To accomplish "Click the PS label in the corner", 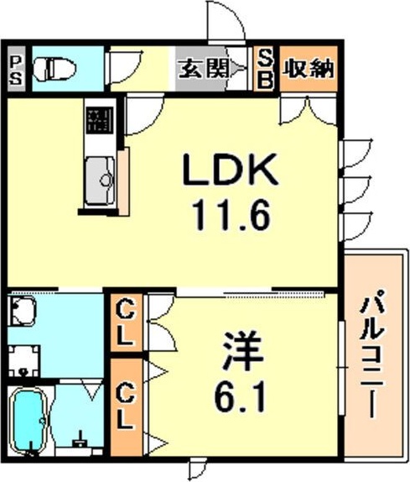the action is click(16, 71).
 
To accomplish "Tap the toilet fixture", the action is click(54, 70).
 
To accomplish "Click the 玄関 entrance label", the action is click(204, 68).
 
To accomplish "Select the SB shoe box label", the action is click(266, 69).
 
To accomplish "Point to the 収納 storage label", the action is click(308, 68).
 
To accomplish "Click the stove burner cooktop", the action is click(100, 120).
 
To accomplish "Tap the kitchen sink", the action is click(100, 181).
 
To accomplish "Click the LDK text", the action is click(231, 170).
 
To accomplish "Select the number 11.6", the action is click(231, 215).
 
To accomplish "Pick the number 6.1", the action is click(239, 396).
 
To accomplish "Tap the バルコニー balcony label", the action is click(372, 354).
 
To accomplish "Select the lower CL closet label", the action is click(125, 409).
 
